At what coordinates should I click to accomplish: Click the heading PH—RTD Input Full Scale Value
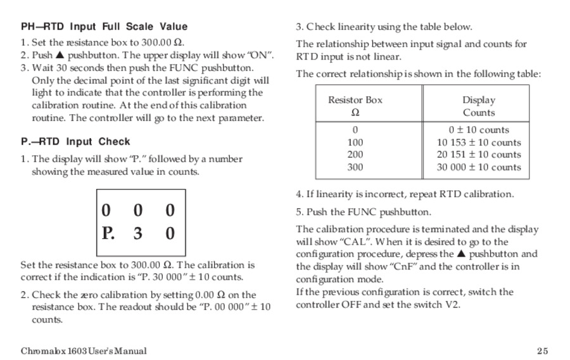tap(104, 27)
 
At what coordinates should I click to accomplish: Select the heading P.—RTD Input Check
tap(75, 141)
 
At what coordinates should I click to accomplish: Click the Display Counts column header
tap(479, 106)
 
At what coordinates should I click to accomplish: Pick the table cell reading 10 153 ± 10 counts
tap(479, 143)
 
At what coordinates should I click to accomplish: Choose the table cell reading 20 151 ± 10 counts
tap(479, 155)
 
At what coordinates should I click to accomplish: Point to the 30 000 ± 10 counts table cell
tap(479, 167)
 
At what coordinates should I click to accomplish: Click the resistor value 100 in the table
tap(355, 143)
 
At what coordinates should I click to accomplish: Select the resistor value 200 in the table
tap(355, 155)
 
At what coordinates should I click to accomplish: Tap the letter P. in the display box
tap(108, 233)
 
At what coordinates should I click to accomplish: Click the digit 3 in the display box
tap(138, 233)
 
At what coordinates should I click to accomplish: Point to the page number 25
tap(542, 351)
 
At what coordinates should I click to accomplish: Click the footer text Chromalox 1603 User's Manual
tap(84, 351)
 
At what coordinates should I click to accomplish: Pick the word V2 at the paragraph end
tap(453, 304)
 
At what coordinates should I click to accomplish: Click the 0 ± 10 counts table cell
tap(479, 130)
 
